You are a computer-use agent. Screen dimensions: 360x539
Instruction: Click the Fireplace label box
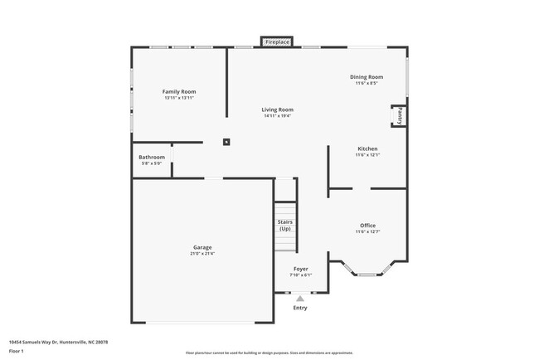point(277,41)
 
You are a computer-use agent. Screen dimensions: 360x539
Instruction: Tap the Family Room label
point(179,91)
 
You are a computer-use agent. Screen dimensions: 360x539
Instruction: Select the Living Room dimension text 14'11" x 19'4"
point(278,116)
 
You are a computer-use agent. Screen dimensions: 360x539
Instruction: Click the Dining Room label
point(367,77)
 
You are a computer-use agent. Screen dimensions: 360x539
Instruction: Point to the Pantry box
point(399,115)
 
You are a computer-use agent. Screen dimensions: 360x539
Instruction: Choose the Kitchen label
point(367,148)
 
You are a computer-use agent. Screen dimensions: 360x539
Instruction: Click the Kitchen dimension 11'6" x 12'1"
point(367,155)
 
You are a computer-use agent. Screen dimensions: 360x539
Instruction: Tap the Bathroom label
point(152,157)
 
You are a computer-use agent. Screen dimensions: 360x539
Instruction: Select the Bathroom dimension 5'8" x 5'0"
point(152,163)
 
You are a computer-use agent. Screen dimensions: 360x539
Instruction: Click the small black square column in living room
point(226,142)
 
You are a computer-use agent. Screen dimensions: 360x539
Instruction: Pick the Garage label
point(202,247)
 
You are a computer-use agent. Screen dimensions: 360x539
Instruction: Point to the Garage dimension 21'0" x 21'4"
point(202,254)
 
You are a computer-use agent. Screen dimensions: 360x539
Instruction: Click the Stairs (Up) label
point(284,225)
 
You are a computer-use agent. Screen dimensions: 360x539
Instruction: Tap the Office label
point(367,225)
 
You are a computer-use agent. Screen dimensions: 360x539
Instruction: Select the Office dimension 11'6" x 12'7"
point(367,232)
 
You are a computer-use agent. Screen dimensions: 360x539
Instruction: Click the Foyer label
point(300,268)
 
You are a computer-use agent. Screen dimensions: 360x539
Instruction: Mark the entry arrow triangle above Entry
point(300,299)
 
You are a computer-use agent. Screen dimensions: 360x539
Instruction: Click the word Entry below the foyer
point(300,308)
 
